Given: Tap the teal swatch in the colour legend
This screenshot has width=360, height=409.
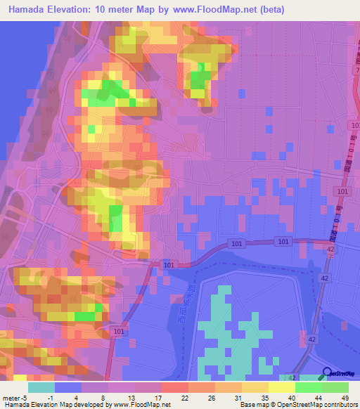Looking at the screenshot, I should point(41,388).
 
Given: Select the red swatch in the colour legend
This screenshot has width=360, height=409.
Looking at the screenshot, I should point(175,388).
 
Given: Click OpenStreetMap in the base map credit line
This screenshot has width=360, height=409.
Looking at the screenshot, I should point(292,404).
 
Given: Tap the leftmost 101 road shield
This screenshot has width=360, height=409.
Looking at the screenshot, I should point(119,332).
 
